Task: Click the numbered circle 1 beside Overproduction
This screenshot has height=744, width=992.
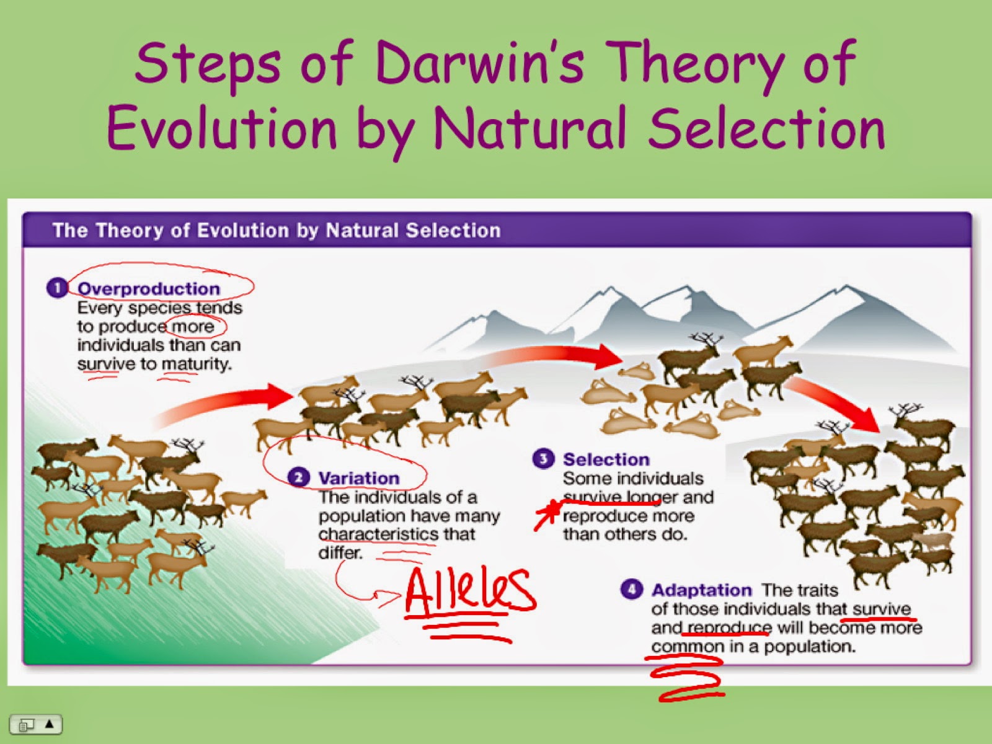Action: pyautogui.click(x=57, y=288)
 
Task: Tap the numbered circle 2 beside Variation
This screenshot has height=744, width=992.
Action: pyautogui.click(x=299, y=477)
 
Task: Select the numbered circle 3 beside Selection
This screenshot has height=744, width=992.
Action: pyautogui.click(x=543, y=459)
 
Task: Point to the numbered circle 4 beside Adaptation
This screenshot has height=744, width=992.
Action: pyautogui.click(x=631, y=589)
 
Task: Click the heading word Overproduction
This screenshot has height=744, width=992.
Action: pyautogui.click(x=149, y=289)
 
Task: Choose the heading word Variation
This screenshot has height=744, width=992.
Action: pyautogui.click(x=359, y=478)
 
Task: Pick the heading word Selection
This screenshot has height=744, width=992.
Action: pyautogui.click(x=606, y=459)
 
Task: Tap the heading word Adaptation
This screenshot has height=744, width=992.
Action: pyautogui.click(x=701, y=590)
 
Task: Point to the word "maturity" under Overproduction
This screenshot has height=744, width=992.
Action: pyautogui.click(x=197, y=364)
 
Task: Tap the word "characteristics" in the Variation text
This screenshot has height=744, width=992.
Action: pyautogui.click(x=378, y=534)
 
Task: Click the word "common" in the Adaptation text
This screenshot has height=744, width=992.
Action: pyautogui.click(x=688, y=647)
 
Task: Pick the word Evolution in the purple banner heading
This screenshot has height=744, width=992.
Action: pyautogui.click(x=242, y=231)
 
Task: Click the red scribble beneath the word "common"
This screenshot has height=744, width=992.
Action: pyautogui.click(x=684, y=678)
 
